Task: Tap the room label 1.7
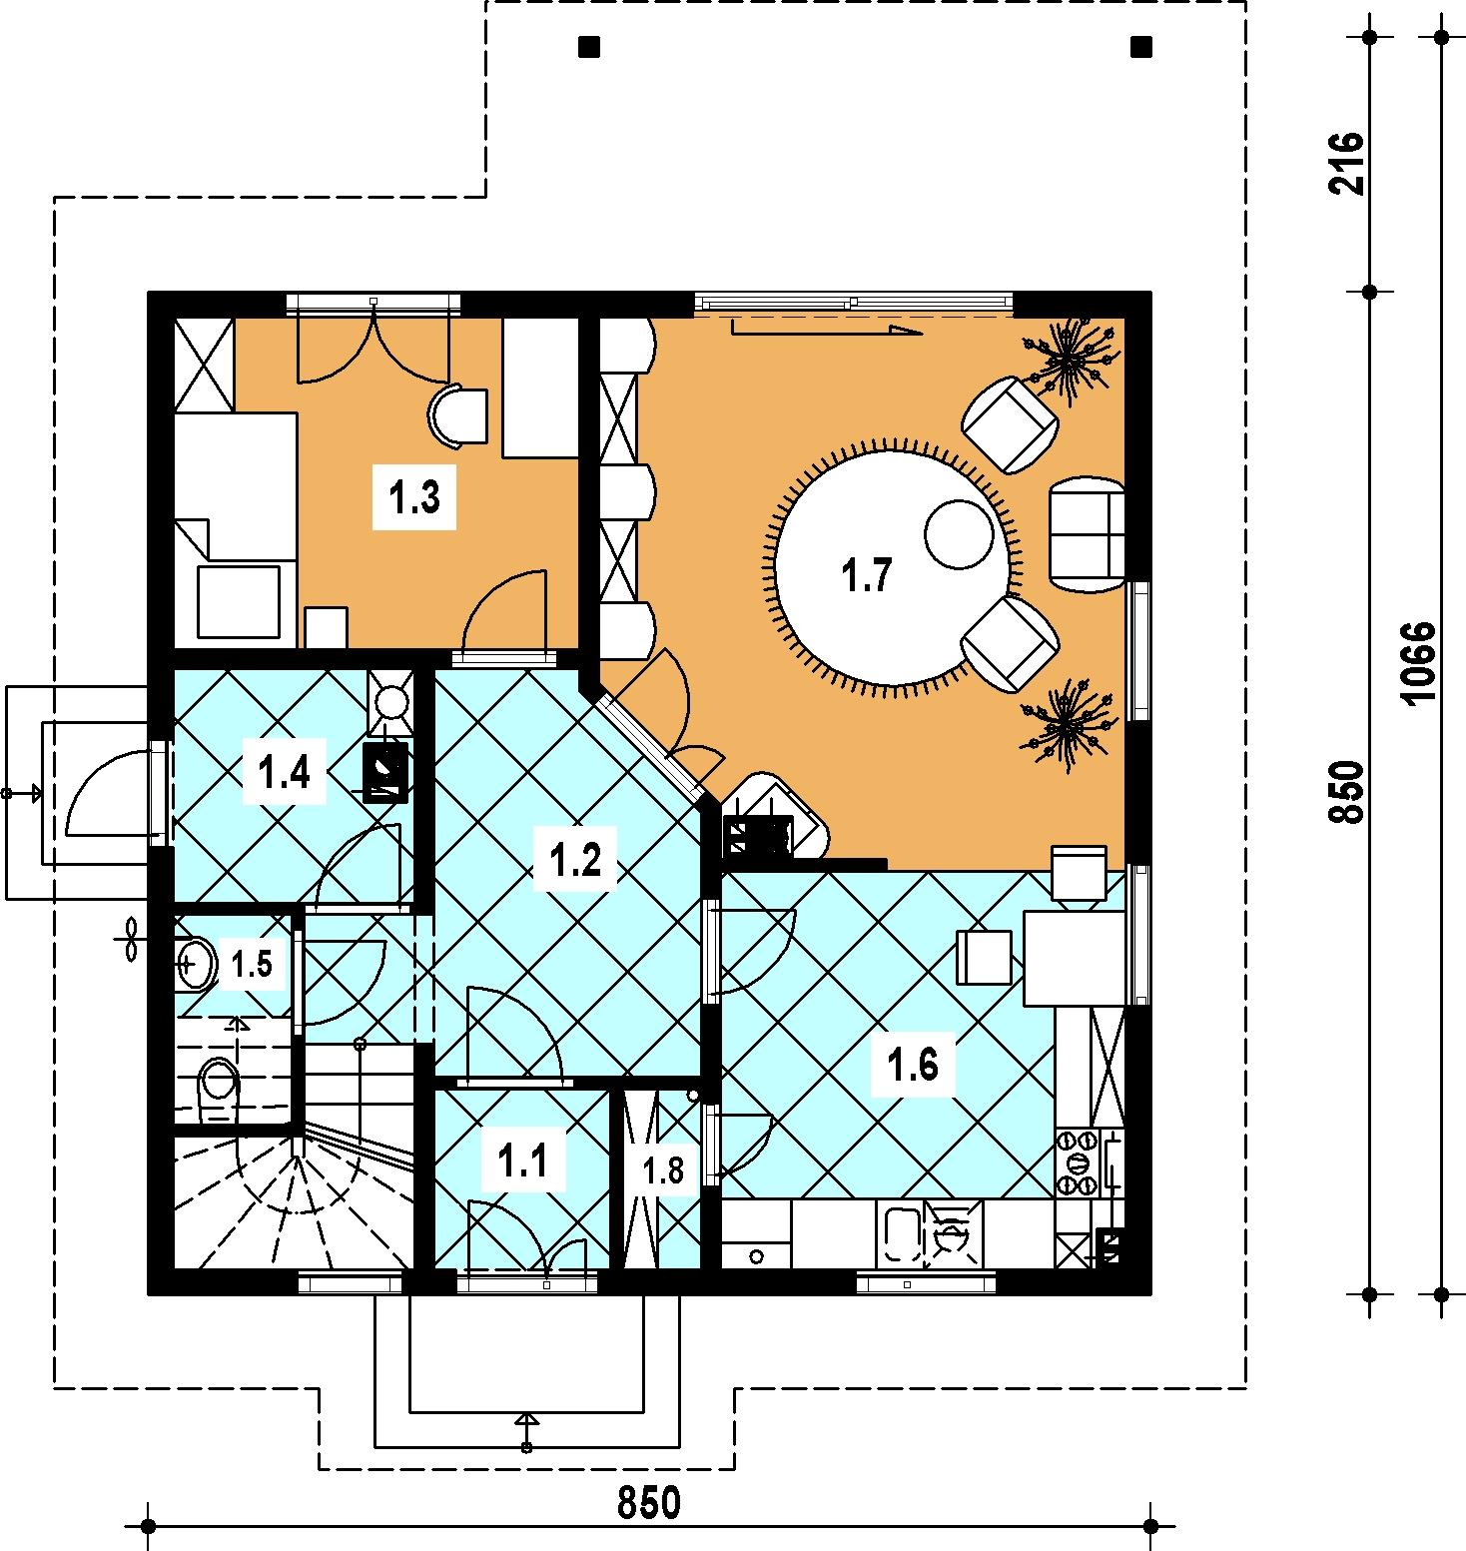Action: (x=867, y=576)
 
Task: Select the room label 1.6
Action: (x=914, y=1066)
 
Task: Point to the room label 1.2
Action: (x=581, y=861)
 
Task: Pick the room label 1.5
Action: (x=251, y=964)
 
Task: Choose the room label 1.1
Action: (x=522, y=1161)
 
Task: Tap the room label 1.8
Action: (x=664, y=1169)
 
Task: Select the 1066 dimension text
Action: (x=1417, y=663)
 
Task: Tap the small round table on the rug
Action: (x=957, y=534)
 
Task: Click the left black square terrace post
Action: (x=588, y=46)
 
